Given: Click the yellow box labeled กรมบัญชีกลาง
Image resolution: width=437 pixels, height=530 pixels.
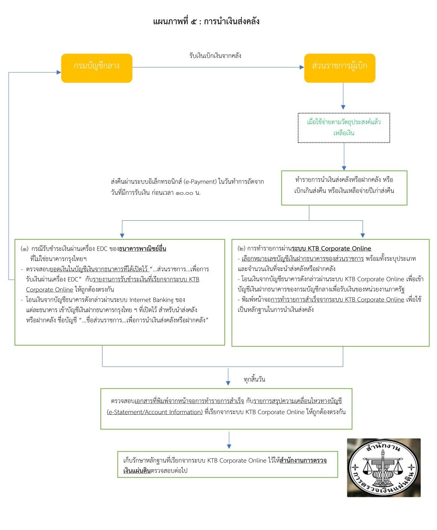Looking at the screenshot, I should (x=97, y=68).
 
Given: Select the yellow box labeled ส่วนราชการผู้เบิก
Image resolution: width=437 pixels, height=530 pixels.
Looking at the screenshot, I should (x=339, y=68).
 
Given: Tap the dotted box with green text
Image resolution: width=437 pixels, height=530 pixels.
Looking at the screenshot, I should (x=344, y=128).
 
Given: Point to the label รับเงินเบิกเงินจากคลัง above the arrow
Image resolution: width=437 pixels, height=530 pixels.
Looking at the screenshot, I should (x=215, y=56).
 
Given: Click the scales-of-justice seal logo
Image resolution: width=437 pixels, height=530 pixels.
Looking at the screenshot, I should (x=384, y=467).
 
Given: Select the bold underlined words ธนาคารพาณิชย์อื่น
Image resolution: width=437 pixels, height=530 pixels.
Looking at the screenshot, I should (x=142, y=249).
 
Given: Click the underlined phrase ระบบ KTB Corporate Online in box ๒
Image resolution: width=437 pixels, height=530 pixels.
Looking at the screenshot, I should (x=332, y=249).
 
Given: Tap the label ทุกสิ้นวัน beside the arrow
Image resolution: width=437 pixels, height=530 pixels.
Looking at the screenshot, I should (x=254, y=379).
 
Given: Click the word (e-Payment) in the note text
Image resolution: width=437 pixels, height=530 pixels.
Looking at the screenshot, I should (x=200, y=182).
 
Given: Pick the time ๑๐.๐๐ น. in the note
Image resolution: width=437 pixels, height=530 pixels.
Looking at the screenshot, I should (x=188, y=193).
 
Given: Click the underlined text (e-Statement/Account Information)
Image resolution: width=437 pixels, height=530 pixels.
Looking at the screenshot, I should (x=155, y=412).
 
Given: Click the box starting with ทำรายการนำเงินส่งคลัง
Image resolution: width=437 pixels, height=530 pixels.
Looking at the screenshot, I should (x=344, y=188).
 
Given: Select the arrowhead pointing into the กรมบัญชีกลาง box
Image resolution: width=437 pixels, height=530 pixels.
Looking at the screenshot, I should (x=59, y=72).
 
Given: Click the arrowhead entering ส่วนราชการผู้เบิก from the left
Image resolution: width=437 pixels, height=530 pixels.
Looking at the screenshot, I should (x=302, y=67).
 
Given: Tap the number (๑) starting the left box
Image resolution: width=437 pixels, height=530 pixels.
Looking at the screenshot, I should (x=24, y=249).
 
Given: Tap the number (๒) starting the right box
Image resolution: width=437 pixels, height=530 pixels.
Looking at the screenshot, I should (x=241, y=249).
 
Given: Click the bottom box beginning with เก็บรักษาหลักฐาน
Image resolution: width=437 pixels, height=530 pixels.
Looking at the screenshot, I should (x=228, y=465).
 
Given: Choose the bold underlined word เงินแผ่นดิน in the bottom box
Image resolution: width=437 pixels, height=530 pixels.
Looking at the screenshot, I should (x=137, y=470).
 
